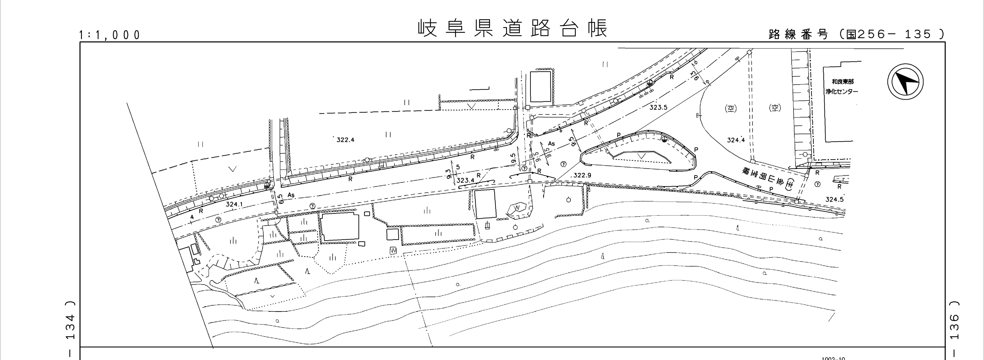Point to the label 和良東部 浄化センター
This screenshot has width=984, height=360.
842,87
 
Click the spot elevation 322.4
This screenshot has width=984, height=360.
345,140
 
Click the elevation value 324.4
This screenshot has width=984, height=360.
736,140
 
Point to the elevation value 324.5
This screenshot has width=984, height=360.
834,199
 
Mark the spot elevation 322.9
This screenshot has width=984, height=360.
583,175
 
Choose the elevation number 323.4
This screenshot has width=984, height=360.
465,180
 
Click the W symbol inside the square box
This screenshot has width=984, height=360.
393,251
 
